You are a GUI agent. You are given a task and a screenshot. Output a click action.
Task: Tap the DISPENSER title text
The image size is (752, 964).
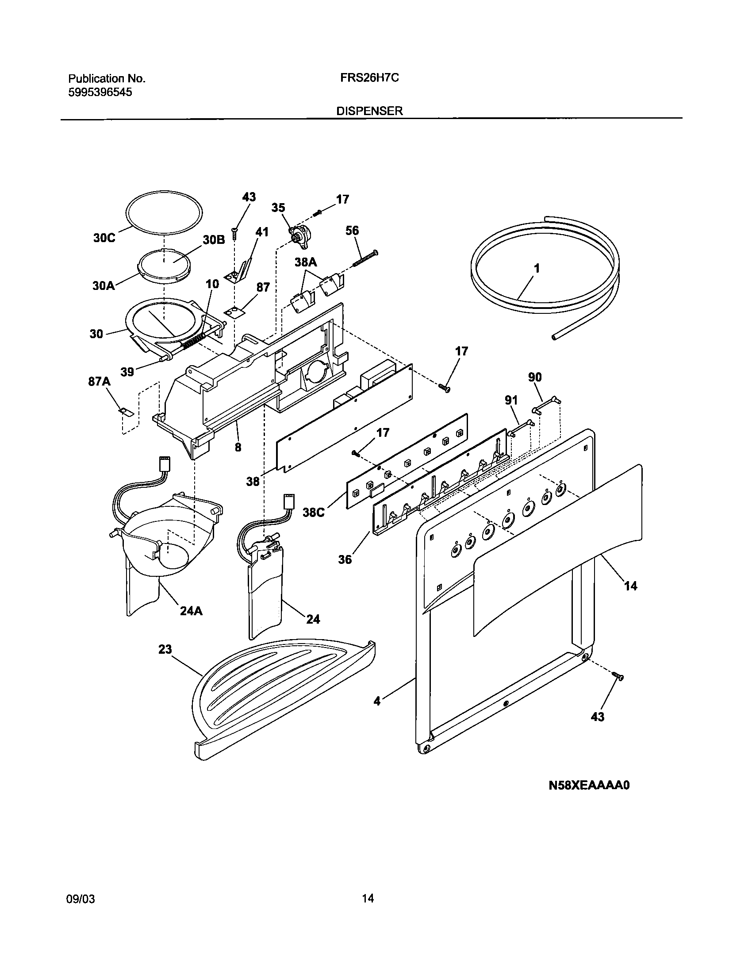click(x=370, y=111)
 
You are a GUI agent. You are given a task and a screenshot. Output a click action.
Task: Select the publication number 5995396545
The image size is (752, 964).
click(x=100, y=92)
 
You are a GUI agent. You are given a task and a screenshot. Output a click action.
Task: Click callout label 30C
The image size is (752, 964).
click(x=104, y=238)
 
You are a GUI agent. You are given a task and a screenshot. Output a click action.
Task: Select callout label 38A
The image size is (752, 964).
click(x=306, y=262)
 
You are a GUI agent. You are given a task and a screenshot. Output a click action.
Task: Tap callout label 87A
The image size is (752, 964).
click(x=100, y=382)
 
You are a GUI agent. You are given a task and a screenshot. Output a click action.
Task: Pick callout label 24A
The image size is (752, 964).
click(x=192, y=612)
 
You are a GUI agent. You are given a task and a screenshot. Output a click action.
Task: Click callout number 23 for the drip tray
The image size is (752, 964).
click(x=165, y=649)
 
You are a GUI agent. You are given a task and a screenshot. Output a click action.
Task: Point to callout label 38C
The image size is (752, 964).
click(x=314, y=512)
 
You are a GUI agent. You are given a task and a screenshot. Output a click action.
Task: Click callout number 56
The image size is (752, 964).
click(x=352, y=231)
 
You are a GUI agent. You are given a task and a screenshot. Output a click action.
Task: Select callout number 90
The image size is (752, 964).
click(x=535, y=377)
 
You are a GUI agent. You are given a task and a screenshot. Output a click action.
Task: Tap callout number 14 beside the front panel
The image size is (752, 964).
click(x=630, y=586)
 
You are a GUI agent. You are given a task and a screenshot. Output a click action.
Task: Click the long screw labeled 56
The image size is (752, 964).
click(x=365, y=259)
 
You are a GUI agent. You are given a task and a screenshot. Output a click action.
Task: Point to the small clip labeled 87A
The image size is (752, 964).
click(x=126, y=412)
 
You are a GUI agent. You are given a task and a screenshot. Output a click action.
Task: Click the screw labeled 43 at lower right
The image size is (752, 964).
click(x=618, y=676)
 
